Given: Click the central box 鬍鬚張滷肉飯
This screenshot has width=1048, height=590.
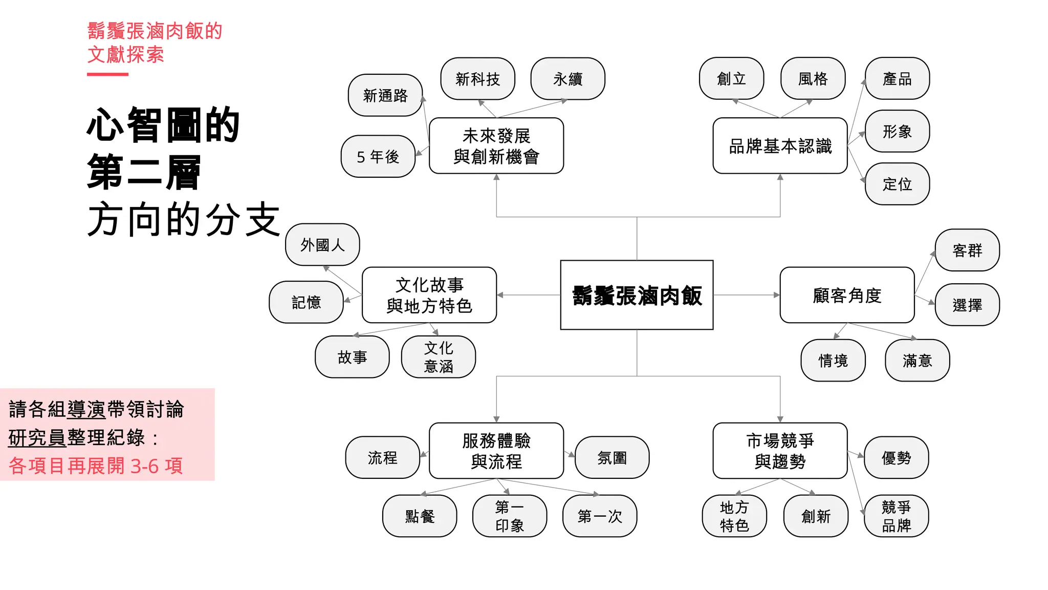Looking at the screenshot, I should [637, 295].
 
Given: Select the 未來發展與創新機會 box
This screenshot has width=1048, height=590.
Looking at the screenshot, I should [496, 146].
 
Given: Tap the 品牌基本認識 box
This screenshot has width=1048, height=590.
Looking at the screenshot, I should [780, 146].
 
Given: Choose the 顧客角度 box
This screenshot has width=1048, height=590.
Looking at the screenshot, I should [847, 295].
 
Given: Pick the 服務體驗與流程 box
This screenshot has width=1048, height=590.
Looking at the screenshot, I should [496, 451].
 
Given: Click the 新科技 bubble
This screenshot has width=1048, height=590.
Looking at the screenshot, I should [477, 79].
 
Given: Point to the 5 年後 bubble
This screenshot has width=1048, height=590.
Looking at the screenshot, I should [378, 157].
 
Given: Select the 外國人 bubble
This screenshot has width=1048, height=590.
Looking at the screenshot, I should [322, 245].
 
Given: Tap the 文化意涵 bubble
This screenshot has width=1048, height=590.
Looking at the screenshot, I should [439, 357].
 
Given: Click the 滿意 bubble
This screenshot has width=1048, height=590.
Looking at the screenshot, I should [917, 361].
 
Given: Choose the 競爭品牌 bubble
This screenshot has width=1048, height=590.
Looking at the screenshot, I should [896, 516].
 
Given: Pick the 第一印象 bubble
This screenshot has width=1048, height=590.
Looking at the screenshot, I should [510, 516].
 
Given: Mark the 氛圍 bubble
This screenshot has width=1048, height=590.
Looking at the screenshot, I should [612, 457].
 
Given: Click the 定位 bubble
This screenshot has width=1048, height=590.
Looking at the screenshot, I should [897, 184].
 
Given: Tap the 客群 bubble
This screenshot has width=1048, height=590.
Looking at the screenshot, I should [967, 250].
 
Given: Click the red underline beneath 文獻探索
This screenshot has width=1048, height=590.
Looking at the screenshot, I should [107, 74].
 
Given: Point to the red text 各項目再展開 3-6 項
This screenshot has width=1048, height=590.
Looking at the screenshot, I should [96, 466].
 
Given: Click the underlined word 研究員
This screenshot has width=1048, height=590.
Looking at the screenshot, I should [37, 437].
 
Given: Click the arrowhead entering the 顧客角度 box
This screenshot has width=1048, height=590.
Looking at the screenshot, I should [776, 295].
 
